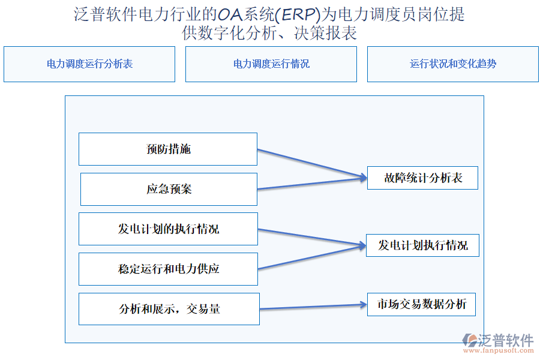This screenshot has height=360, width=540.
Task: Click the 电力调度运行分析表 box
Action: point(89,64)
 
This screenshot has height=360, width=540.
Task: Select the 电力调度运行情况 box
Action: point(271,64)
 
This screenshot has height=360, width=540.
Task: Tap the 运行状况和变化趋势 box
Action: point(453,64)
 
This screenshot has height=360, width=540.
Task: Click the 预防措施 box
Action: point(168,149)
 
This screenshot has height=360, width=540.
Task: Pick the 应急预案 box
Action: point(169,189)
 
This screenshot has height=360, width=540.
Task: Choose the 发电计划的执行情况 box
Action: point(168,229)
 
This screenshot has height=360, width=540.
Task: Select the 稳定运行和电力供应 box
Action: point(168,269)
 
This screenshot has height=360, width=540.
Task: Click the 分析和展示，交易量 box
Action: point(169,309)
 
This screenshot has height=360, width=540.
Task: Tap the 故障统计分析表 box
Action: point(422,178)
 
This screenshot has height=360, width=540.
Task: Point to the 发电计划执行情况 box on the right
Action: point(422,245)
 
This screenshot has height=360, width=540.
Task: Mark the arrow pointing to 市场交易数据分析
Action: point(312,307)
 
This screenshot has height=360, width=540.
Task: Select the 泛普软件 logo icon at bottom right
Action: point(469,340)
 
